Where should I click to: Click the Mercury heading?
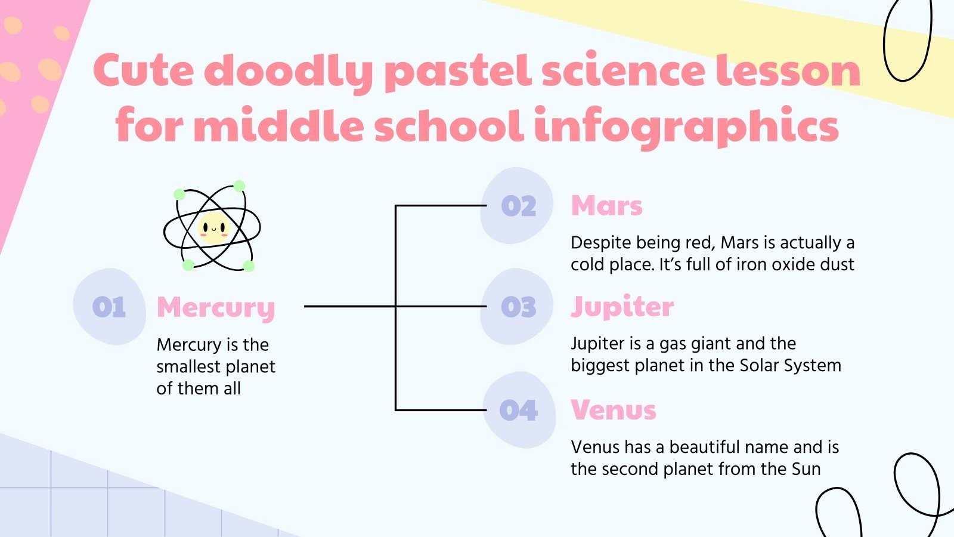coord(215,308)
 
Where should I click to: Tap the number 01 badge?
coord(109,307)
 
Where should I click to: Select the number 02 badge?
coord(518,206)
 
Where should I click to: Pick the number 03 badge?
coord(518,307)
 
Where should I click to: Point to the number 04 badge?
coord(518,411)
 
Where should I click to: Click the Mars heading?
coord(606,206)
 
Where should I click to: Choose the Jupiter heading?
coord(622,307)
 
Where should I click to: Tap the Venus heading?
coord(613,411)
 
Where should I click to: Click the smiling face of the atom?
coord(213,227)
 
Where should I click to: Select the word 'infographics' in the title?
coord(686,127)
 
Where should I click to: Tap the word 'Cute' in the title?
coord(144,71)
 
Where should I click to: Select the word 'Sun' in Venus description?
coord(806,469)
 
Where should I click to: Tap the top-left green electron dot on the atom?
coord(179,195)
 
